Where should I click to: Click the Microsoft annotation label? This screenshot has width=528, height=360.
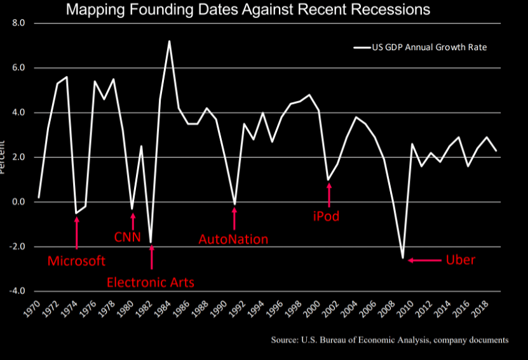77,261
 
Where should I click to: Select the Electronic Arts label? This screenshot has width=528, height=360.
151,282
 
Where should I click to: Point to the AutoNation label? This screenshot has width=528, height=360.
233,239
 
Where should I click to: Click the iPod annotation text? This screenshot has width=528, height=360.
326,217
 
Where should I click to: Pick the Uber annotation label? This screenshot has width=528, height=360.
460,260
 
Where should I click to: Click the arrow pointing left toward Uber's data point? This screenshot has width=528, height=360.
424,260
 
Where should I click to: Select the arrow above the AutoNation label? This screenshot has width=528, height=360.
234,218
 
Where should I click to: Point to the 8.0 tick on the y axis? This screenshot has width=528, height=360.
18,23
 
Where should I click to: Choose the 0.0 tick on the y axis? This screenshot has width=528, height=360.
18,202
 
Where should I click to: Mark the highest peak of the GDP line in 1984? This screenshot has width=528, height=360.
169,41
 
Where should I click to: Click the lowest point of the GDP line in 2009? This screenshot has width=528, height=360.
403,258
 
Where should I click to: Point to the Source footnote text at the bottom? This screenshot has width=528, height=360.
389,340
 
